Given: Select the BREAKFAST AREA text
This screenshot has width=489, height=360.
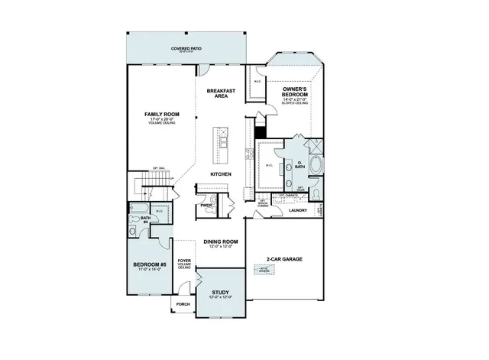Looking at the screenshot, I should point(222,93).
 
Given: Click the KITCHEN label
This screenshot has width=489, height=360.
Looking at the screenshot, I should point(222,174).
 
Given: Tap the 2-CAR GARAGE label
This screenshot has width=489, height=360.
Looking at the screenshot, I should point(285,259).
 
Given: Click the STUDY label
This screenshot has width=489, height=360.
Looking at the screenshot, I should point(221,291).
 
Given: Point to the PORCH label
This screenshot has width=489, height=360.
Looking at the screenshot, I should point(183,304).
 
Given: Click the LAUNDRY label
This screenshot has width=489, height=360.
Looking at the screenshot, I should point(298,210).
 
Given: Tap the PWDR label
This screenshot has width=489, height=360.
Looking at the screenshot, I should point(206,205).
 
